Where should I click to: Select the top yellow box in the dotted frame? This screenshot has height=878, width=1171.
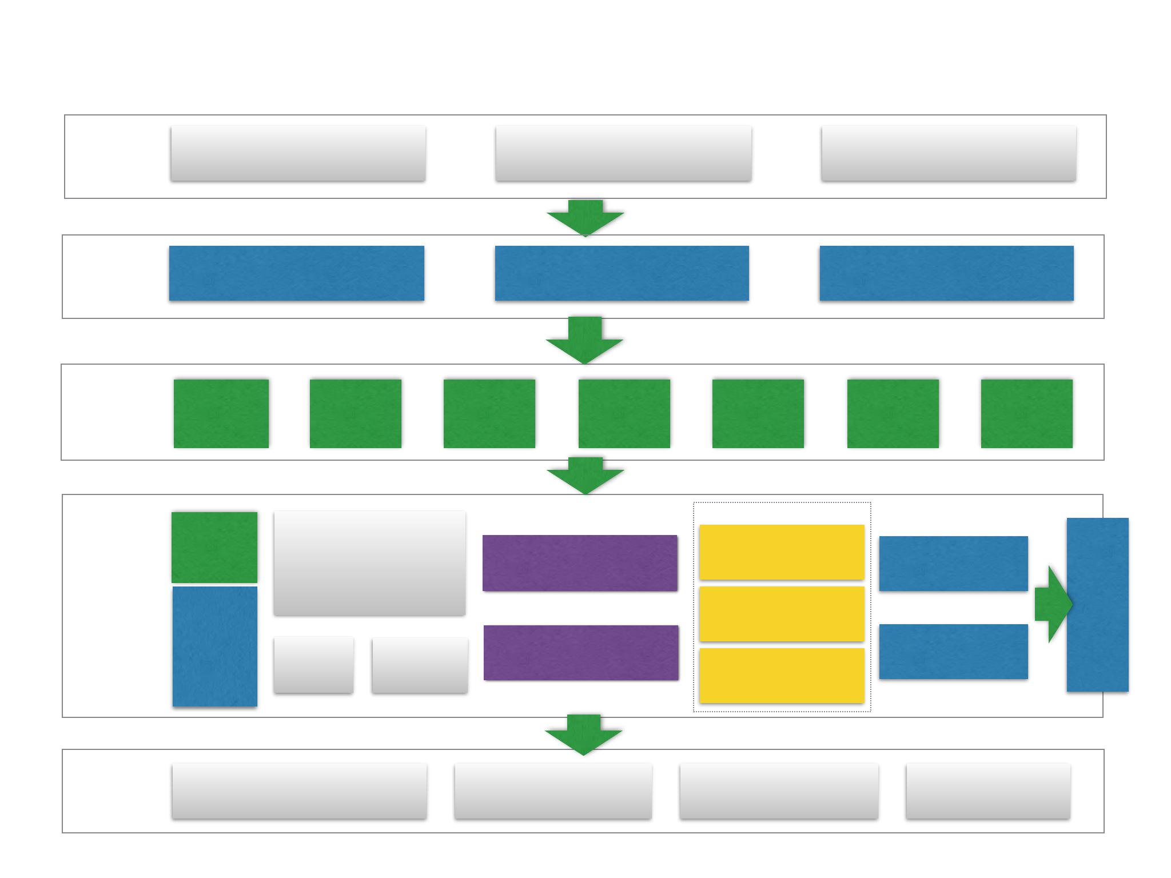(782, 552)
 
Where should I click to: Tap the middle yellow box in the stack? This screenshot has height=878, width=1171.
(782, 614)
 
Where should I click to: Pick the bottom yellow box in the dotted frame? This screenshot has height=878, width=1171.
(782, 676)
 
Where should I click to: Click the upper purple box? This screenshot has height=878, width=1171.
(580, 563)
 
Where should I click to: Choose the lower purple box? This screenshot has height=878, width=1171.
(581, 653)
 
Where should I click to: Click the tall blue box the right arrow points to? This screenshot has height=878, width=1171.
(1097, 605)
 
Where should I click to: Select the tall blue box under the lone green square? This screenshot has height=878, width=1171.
(215, 646)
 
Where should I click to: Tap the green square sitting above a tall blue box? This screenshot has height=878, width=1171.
(214, 547)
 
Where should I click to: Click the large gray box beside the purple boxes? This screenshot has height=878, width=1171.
(369, 563)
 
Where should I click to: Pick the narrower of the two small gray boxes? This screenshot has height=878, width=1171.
(313, 665)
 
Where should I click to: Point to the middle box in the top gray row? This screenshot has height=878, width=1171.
(623, 153)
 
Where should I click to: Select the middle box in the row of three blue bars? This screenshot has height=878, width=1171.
(622, 273)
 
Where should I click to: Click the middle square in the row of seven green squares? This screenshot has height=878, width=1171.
(624, 413)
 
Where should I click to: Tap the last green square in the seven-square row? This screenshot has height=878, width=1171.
(1026, 413)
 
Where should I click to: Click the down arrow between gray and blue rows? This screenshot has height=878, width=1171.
(585, 218)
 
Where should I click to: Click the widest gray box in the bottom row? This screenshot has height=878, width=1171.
(299, 791)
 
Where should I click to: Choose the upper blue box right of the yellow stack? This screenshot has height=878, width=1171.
(953, 564)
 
